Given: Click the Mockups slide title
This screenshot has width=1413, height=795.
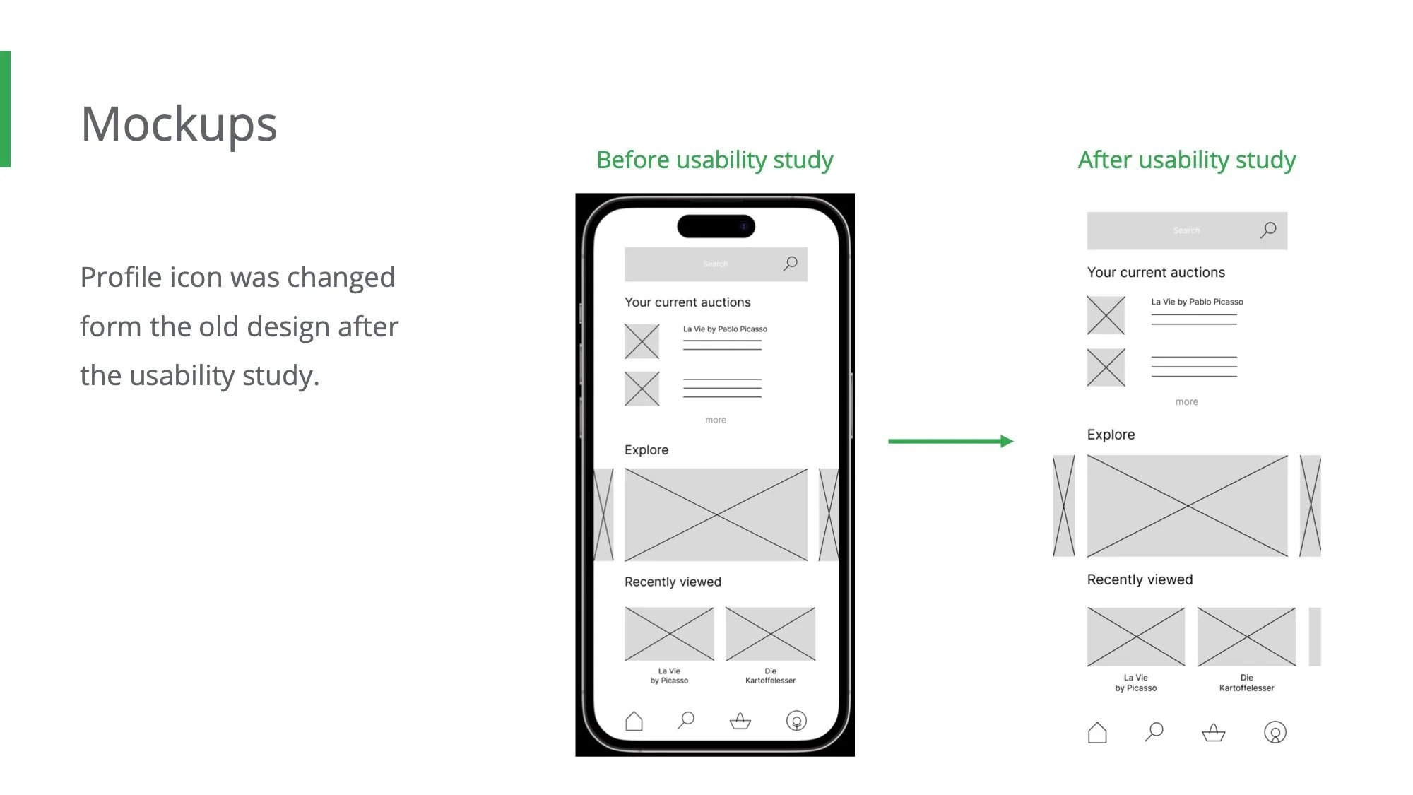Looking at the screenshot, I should click(179, 124).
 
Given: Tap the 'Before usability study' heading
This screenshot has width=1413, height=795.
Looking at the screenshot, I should click(714, 160).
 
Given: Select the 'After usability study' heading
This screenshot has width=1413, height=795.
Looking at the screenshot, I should click(1186, 160).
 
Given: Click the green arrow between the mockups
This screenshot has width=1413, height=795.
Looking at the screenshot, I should click(950, 441).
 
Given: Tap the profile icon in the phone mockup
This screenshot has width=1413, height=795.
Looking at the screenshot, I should click(796, 721).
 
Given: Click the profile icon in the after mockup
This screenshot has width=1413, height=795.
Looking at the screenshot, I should click(1275, 732).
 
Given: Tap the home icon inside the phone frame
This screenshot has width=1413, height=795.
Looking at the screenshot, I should click(634, 721).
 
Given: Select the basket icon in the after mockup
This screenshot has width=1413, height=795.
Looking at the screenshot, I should click(1213, 732).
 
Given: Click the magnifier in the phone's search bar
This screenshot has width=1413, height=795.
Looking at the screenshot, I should click(790, 264).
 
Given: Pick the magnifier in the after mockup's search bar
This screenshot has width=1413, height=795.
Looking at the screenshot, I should click(1268, 230).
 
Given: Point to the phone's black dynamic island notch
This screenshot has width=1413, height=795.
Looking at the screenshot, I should click(716, 226).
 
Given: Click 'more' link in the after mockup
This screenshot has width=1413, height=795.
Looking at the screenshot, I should click(1186, 401).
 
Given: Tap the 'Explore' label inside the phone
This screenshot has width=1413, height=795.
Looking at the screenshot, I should click(646, 449).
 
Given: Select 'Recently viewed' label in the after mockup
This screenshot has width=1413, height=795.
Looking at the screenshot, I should click(1139, 579).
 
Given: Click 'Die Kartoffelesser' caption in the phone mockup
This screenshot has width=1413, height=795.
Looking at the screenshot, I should click(770, 676).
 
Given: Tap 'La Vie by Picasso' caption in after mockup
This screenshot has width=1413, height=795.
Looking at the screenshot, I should click(1135, 683).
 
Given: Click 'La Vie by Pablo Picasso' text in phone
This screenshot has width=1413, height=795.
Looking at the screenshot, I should click(725, 329).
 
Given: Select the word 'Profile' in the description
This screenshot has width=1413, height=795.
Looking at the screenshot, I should click(121, 277).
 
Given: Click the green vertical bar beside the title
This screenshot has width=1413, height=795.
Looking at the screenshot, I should click(5, 109).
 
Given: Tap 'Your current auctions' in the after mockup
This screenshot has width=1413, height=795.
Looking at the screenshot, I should click(1155, 272).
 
